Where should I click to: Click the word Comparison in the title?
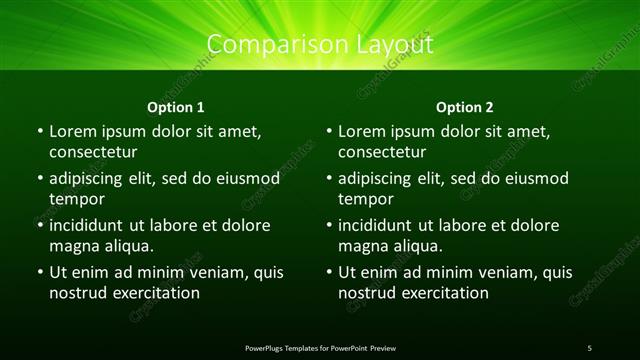tap(267, 45)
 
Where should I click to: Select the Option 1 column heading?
tap(176, 107)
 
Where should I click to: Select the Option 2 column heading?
tap(465, 107)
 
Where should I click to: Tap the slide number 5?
tap(589, 347)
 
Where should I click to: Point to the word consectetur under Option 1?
tap(93, 153)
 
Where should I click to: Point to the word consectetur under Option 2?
tap(383, 153)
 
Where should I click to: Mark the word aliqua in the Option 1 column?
tap(126, 246)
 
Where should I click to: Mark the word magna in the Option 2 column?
tap(364, 246)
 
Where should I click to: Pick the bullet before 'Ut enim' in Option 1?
tap(39, 272)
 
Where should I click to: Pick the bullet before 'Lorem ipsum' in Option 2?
tap(329, 132)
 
